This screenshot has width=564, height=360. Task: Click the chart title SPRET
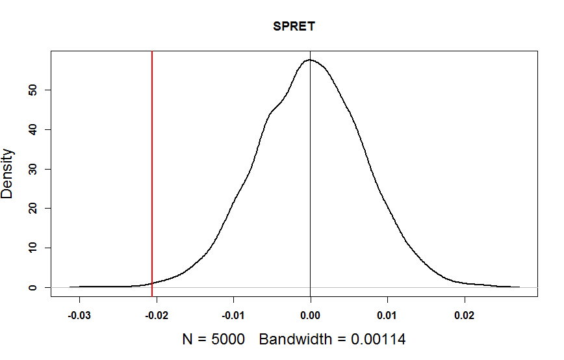click(294, 27)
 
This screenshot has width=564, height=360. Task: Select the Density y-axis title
click(8, 174)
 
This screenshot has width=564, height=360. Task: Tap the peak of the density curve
click(311, 60)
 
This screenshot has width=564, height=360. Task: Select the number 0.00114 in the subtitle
click(378, 339)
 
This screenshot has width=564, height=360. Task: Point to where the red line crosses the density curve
click(152, 283)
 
